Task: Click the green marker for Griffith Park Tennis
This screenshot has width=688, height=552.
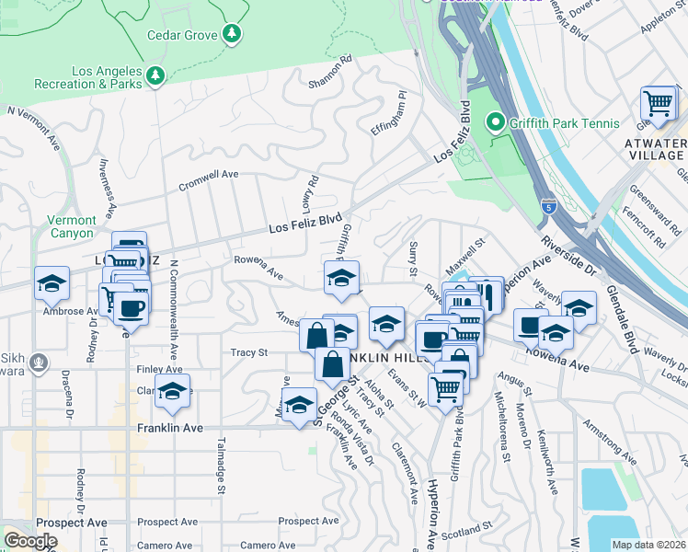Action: coord(495,122)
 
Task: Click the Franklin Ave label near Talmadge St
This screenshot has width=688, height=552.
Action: coord(168,429)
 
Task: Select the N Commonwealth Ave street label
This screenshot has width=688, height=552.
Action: coord(172,307)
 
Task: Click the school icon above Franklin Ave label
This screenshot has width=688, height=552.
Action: coord(172,393)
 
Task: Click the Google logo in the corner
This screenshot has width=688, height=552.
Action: coord(30,541)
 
